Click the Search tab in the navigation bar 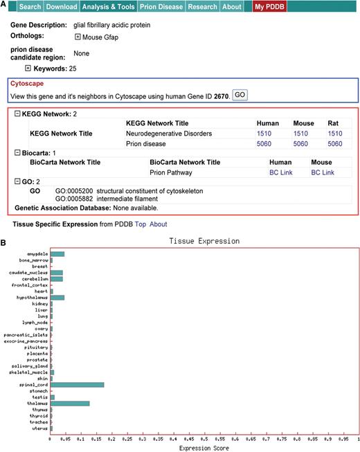click(30, 7)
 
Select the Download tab click(61, 7)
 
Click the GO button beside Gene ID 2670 click(239, 94)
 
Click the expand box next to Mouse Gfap click(78, 37)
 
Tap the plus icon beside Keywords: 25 click(28, 69)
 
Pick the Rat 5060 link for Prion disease click(335, 144)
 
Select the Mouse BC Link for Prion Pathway click(323, 172)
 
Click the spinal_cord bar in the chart click(77, 384)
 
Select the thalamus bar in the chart click(70, 403)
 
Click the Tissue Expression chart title click(204, 242)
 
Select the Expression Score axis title click(204, 448)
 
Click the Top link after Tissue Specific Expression click(140, 224)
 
